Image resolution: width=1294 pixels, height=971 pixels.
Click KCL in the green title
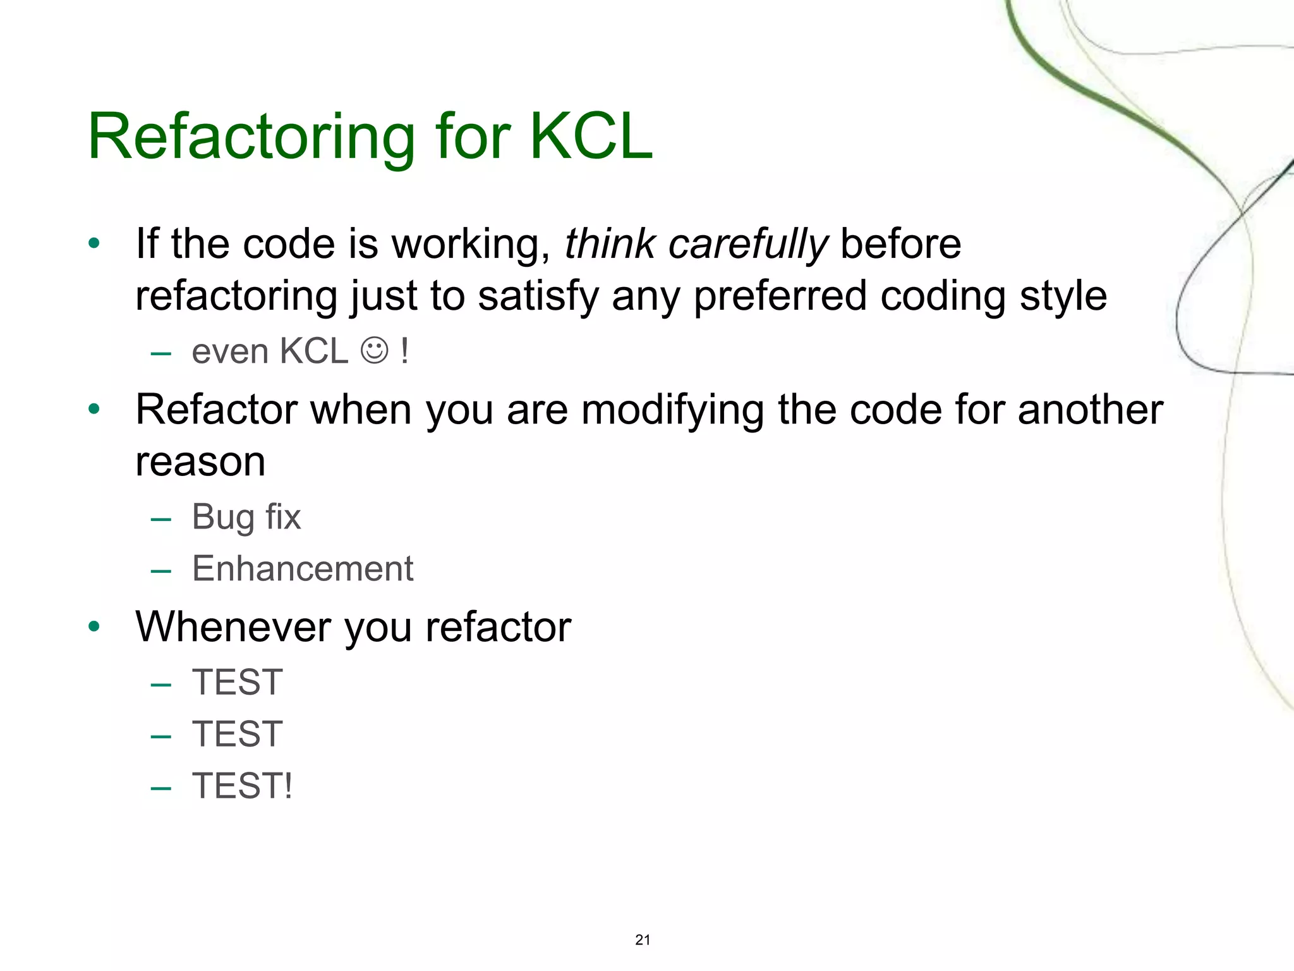click(x=590, y=137)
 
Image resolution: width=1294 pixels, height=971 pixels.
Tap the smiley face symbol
click(x=374, y=351)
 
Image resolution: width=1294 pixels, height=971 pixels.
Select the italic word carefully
click(x=747, y=245)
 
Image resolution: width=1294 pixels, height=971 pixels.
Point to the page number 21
click(x=643, y=940)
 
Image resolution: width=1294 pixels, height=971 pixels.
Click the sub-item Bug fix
click(x=246, y=517)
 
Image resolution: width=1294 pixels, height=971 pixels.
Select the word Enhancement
click(x=303, y=568)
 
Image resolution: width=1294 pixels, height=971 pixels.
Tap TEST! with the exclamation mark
click(x=243, y=786)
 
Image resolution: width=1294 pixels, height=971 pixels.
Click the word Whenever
click(x=233, y=627)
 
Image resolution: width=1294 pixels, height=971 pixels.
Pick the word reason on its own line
click(x=200, y=462)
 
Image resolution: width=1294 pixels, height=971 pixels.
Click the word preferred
click(x=780, y=296)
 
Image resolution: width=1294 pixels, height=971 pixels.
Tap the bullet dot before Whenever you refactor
click(x=95, y=627)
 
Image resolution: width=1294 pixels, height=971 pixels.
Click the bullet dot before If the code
click(x=95, y=243)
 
